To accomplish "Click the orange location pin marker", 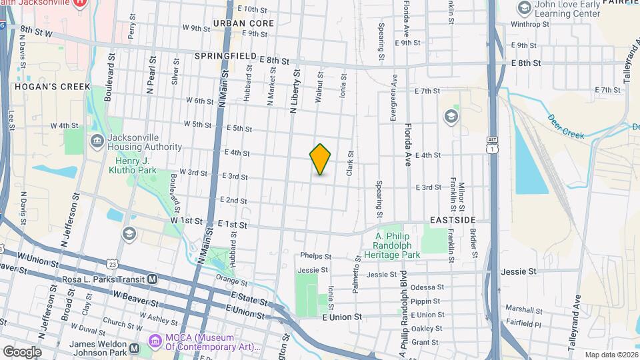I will tap(321, 159).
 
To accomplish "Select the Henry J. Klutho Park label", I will tap(132, 165).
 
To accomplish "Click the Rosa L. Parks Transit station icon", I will tap(153, 279).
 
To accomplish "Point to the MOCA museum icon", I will tap(156, 341).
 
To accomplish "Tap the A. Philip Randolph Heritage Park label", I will tap(397, 245).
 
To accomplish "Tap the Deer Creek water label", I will tap(565, 126).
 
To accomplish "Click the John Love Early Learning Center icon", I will tap(523, 8).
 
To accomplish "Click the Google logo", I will tap(21, 351).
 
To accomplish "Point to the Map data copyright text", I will tap(610, 354).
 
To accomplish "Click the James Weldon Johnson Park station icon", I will tap(134, 348).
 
